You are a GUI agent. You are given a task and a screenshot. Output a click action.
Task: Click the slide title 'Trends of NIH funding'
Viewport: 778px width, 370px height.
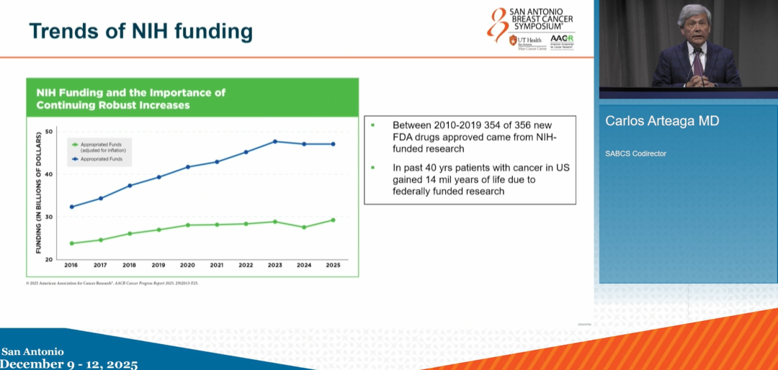pyautogui.click(x=140, y=31)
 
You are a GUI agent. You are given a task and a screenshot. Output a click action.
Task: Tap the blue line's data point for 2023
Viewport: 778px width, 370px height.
pyautogui.click(x=275, y=141)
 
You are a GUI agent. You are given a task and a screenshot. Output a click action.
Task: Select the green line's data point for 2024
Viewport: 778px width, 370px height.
pyautogui.click(x=304, y=227)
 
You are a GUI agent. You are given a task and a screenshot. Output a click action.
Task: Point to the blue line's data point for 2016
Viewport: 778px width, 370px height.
pyautogui.click(x=71, y=207)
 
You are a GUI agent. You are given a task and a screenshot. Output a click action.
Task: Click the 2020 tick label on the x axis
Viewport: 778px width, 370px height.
pyautogui.click(x=187, y=265)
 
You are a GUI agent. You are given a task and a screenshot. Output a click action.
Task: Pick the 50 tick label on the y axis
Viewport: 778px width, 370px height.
pyautogui.click(x=49, y=131)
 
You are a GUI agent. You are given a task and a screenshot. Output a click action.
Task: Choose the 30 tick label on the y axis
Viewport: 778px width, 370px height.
pyautogui.click(x=49, y=217)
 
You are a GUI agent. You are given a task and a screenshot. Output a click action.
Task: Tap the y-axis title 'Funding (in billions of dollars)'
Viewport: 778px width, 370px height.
pyautogui.click(x=37, y=194)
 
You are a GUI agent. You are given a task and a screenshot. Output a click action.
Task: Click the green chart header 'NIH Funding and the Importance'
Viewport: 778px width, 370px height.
pyautogui.click(x=131, y=92)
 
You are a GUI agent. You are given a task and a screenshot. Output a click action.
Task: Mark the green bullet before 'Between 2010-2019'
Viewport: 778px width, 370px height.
pyautogui.click(x=372, y=125)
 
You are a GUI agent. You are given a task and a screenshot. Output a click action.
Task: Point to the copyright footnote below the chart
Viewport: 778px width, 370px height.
pyautogui.click(x=112, y=283)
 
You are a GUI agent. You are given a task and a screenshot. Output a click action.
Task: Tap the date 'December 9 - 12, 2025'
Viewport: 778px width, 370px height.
pyautogui.click(x=69, y=364)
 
